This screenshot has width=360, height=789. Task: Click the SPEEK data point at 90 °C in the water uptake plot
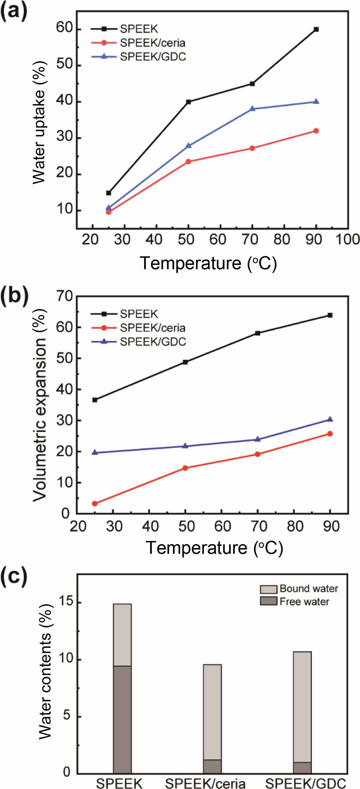tap(316, 29)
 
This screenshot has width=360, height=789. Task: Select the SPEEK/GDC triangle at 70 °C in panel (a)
tap(252, 108)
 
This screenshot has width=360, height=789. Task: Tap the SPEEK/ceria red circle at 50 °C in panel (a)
tap(188, 161)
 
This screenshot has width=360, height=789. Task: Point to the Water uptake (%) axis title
tap(39, 123)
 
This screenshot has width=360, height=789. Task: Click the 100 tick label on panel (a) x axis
tap(347, 239)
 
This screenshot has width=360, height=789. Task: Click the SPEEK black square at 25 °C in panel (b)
tap(95, 400)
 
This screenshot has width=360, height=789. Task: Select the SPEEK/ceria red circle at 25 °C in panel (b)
tap(95, 504)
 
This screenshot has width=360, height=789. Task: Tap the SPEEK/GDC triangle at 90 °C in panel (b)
tap(330, 419)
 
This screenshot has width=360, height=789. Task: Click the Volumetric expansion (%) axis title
tap(39, 404)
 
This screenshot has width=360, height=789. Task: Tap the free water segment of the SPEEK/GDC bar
tap(303, 768)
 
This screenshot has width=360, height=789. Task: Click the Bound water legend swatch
tap(269, 589)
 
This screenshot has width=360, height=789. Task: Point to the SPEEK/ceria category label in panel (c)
tap(205, 783)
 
